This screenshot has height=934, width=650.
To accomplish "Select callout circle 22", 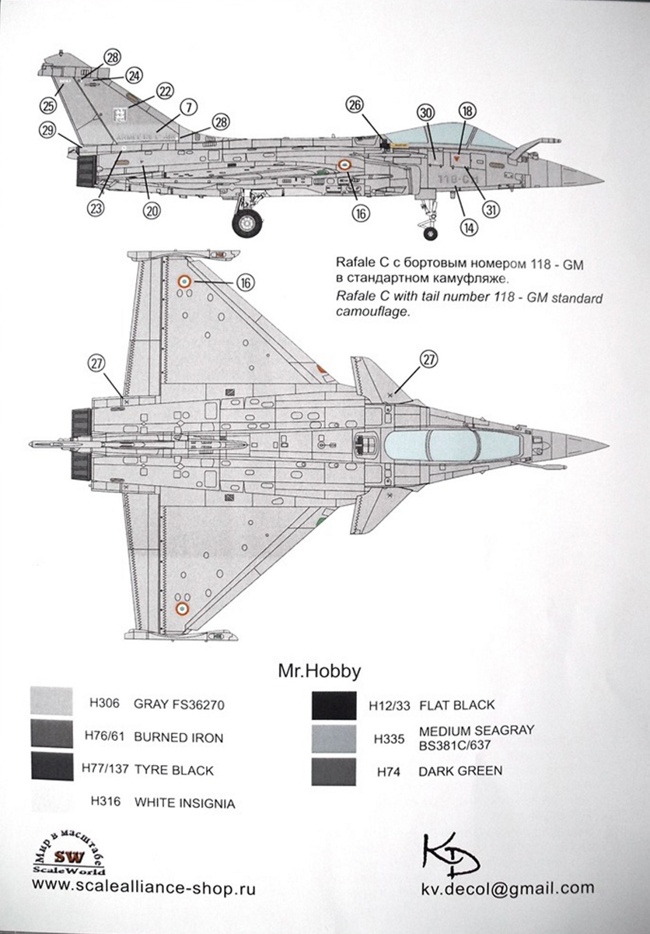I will point(164,91).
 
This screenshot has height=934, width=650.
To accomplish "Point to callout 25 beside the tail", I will point(51,105).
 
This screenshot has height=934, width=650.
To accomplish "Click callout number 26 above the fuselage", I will point(355,106).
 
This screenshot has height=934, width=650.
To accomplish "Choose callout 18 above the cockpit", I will point(467,111).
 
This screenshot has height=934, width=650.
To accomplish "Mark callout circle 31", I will point(490,209).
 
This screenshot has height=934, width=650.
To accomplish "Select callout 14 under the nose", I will point(468,228).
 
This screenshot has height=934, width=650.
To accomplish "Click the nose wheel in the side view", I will point(429,232).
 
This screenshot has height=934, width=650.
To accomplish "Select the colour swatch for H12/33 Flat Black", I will point(333,705).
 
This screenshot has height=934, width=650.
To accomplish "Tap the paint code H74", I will point(390,771).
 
